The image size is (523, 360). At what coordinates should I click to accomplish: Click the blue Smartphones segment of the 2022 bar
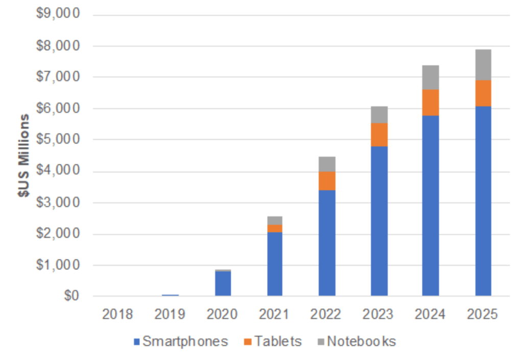[x=327, y=243]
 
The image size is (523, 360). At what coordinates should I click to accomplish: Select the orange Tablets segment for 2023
[x=379, y=134]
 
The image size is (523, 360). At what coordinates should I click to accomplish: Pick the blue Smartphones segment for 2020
[x=223, y=283]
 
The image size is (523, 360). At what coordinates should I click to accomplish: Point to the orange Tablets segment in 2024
[x=431, y=102]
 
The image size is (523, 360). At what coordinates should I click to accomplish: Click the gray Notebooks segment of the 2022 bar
[x=327, y=164]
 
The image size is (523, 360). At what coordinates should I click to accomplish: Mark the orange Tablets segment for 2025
[x=483, y=93]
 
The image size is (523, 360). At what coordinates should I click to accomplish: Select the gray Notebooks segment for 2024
[x=431, y=77]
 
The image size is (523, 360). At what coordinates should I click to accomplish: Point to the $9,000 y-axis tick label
[x=58, y=14]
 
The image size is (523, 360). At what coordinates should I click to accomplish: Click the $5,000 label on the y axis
[x=58, y=139]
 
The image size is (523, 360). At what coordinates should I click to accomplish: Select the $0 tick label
[x=69, y=296]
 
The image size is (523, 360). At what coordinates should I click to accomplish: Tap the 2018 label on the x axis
[x=118, y=314]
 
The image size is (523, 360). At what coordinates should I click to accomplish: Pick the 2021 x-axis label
[x=274, y=314]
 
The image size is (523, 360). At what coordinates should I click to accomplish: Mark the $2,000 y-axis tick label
[x=58, y=234]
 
